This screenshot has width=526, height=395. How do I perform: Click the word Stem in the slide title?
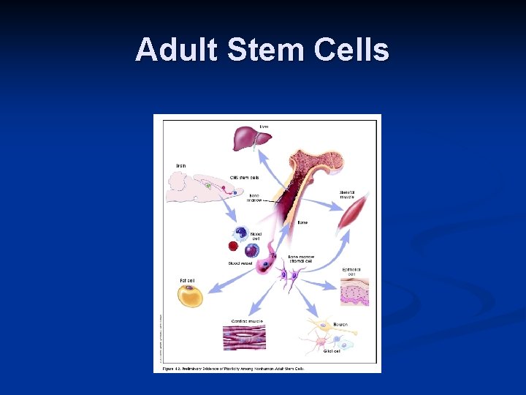point(254,50)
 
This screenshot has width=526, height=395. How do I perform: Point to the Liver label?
point(264,127)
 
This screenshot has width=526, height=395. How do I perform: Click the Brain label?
point(180,166)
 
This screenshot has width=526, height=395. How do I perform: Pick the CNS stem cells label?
point(244,177)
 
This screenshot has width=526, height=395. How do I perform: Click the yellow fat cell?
point(190,296)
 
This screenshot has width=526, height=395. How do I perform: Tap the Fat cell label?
point(187,280)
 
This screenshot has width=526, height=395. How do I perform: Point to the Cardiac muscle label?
point(248,320)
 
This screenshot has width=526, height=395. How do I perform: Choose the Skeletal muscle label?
point(348,195)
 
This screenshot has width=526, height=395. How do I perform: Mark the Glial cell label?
point(332,351)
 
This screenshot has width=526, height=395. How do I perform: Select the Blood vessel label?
point(240,263)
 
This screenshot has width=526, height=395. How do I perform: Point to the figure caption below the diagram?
point(233,368)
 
